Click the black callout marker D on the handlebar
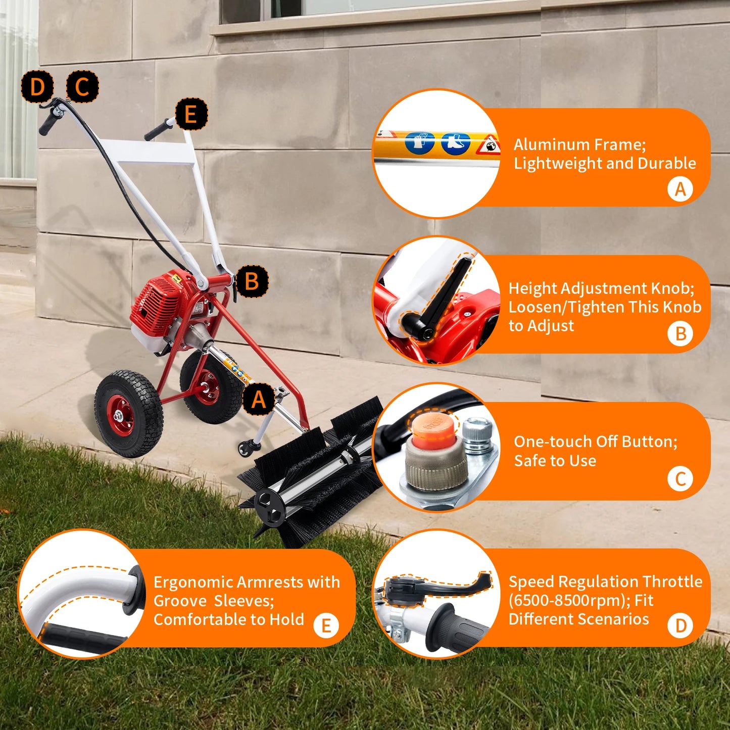(37, 87)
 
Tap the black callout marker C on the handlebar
(82, 86)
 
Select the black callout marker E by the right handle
(191, 114)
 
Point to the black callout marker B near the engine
(252, 281)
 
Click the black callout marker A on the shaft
(259, 399)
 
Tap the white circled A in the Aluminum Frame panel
(680, 189)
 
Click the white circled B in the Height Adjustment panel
(680, 334)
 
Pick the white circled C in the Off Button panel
(680, 479)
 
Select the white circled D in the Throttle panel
(680, 626)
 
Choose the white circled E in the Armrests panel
(326, 626)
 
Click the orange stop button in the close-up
(433, 425)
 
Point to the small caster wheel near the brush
(248, 447)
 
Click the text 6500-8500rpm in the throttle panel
(568, 601)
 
